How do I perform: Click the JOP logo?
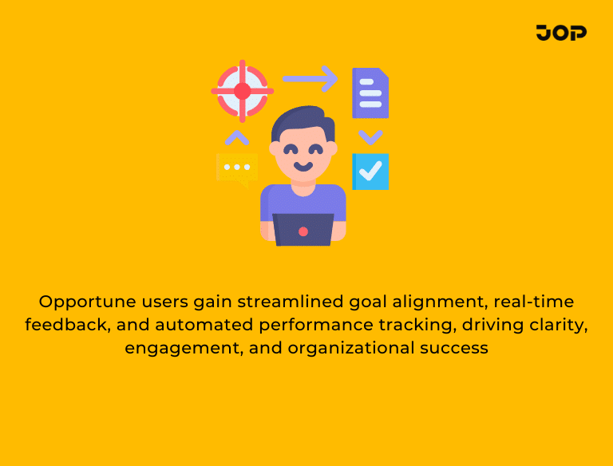561,33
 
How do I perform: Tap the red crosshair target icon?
242,91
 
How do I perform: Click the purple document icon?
370,93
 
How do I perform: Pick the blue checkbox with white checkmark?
371,172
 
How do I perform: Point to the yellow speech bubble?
236,168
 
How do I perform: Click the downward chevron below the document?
370,136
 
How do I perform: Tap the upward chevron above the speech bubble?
236,138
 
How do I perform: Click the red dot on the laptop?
303,231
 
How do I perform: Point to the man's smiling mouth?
303,167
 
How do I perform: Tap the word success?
457,349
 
